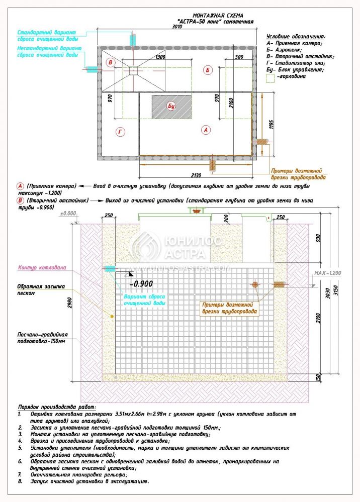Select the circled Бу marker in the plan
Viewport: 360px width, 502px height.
[x=171, y=106]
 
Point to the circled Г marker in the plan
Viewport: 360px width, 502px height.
[x=120, y=132]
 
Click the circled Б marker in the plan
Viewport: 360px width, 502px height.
[x=208, y=70]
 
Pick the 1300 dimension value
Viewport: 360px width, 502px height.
[x=160, y=57]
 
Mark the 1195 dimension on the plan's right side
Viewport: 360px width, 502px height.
[x=272, y=124]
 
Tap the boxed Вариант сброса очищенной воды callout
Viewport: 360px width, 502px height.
[x=144, y=300]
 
